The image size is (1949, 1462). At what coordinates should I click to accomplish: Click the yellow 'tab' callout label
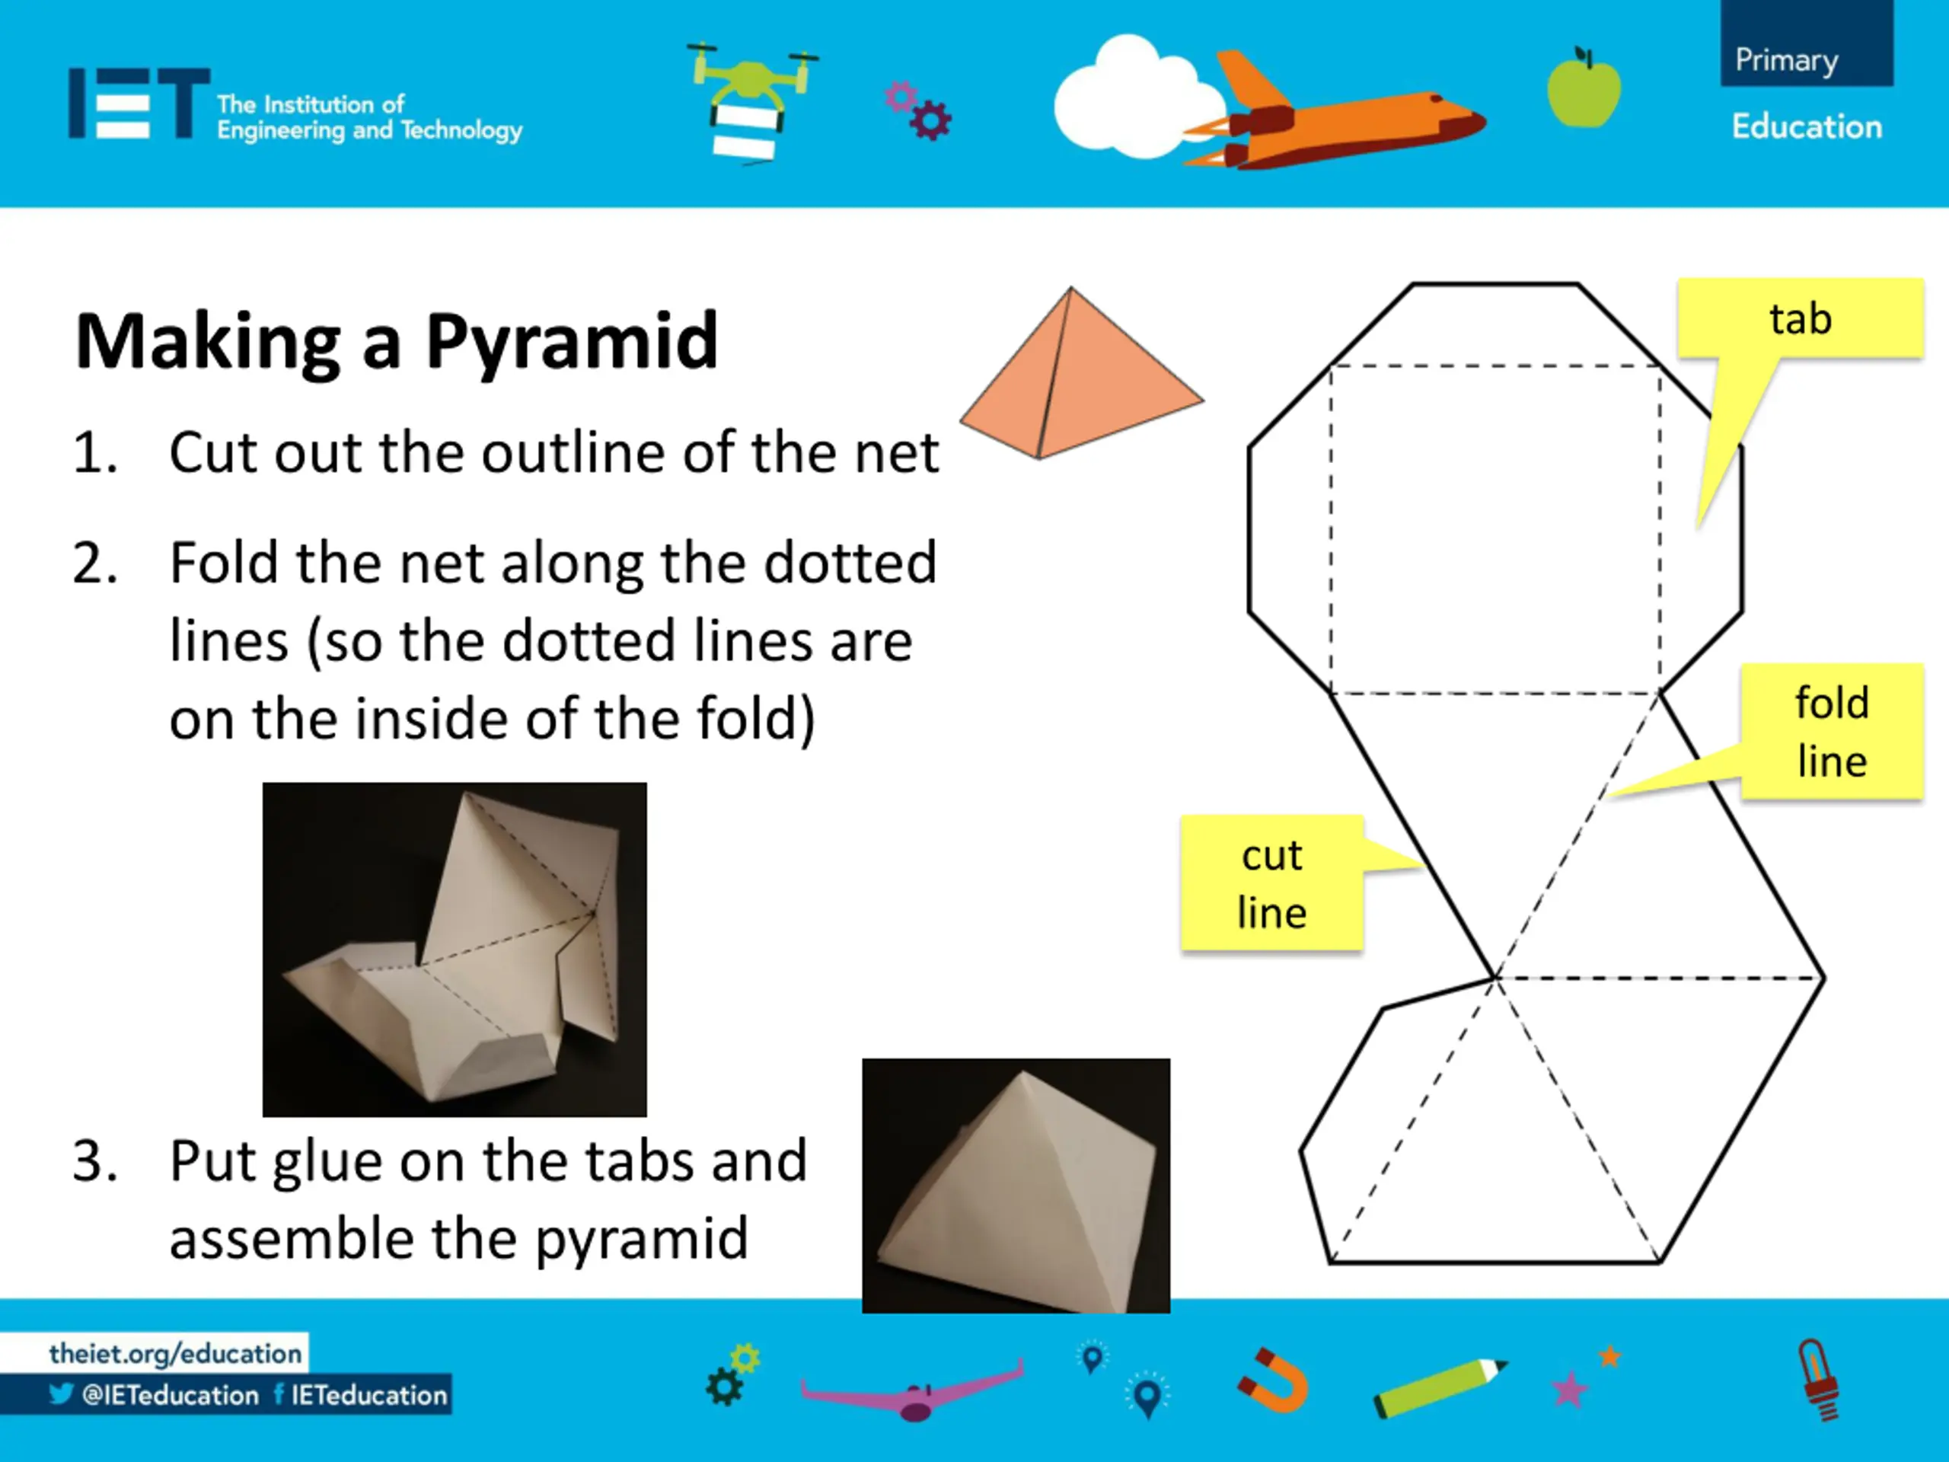[x=1800, y=319]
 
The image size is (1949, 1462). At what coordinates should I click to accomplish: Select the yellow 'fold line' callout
[x=1831, y=732]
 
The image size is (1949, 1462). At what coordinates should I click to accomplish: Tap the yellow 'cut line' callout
[x=1272, y=883]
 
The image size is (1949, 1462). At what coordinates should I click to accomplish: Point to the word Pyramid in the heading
[x=572, y=342]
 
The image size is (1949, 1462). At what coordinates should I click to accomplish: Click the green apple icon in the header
[x=1584, y=88]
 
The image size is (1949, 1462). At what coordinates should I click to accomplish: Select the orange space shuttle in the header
[x=1331, y=114]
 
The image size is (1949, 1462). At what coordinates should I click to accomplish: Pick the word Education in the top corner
[x=1807, y=127]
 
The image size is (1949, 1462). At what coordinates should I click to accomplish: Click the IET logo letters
[x=139, y=103]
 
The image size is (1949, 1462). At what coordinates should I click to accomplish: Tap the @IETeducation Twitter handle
[x=170, y=1395]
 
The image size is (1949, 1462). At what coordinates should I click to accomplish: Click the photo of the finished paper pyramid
[x=1016, y=1186]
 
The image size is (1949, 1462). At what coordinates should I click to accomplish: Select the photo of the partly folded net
[x=455, y=949]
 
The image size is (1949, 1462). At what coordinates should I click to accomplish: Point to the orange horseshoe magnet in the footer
[x=1273, y=1380]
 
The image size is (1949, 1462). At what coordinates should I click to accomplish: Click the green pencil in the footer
[x=1440, y=1387]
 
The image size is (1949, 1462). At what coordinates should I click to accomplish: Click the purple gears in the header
[x=918, y=110]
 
